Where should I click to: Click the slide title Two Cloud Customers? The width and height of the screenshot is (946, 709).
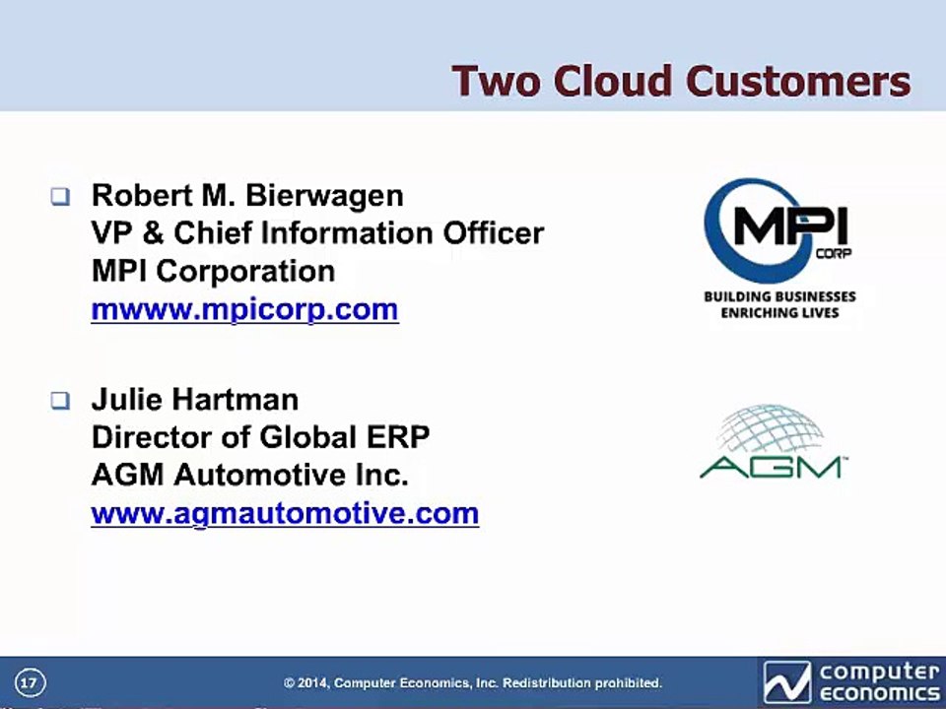click(681, 81)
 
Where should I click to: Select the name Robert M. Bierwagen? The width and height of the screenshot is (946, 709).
click(247, 195)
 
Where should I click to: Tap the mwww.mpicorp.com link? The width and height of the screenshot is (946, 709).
click(244, 310)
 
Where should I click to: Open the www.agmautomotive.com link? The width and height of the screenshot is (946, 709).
click(285, 514)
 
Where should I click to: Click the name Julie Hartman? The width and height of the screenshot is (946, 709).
click(195, 400)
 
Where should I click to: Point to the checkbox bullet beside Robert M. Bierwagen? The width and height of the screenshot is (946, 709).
click(60, 197)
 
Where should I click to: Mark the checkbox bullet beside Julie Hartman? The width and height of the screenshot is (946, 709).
click(60, 401)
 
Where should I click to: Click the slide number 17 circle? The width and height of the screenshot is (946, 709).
click(30, 683)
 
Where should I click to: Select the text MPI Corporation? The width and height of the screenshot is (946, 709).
click(213, 272)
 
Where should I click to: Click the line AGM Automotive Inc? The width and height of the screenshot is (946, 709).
click(249, 475)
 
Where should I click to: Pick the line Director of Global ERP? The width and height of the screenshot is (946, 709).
click(260, 437)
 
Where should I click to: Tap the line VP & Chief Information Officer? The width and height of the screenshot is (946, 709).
click(317, 233)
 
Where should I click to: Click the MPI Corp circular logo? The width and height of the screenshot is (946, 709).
click(778, 229)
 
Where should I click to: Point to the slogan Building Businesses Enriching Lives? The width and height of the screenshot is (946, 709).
click(780, 304)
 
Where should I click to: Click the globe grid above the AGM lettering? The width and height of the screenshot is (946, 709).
click(771, 429)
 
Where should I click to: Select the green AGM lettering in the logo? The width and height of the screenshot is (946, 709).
click(771, 467)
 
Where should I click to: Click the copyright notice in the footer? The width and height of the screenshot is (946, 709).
click(473, 683)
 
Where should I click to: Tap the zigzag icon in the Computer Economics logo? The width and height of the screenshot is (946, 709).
click(786, 682)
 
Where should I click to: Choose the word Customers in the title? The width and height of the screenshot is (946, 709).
click(799, 81)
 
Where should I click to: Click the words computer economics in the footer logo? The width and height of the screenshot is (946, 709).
click(879, 682)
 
